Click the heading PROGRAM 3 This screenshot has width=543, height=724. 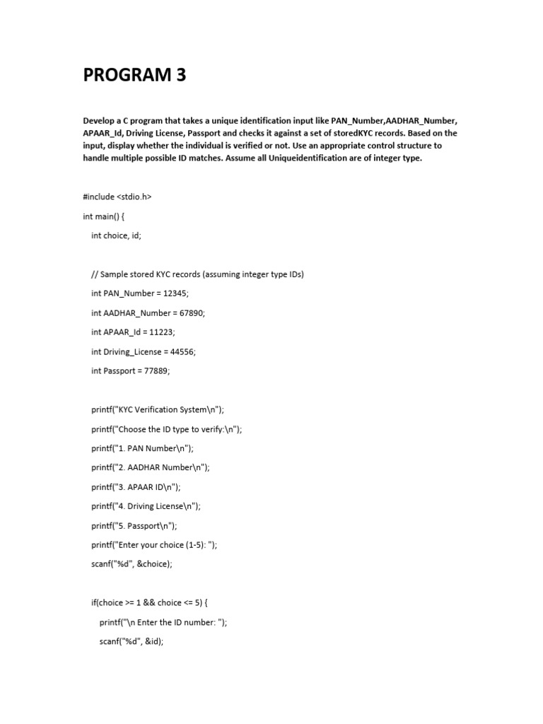coord(134,75)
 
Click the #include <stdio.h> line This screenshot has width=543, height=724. coord(117,197)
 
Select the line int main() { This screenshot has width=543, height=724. coord(103,216)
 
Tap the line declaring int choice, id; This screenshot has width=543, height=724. coord(116,235)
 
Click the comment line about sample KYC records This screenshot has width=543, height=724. coord(197,274)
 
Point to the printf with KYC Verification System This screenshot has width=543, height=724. coord(157,409)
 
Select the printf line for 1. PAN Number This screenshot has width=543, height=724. coord(142,448)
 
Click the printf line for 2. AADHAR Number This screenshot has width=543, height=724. coord(151,467)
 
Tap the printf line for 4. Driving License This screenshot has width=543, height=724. coord(146,506)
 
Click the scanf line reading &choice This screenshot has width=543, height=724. coord(132,564)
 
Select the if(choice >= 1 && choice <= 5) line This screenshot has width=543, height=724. coord(149,602)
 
